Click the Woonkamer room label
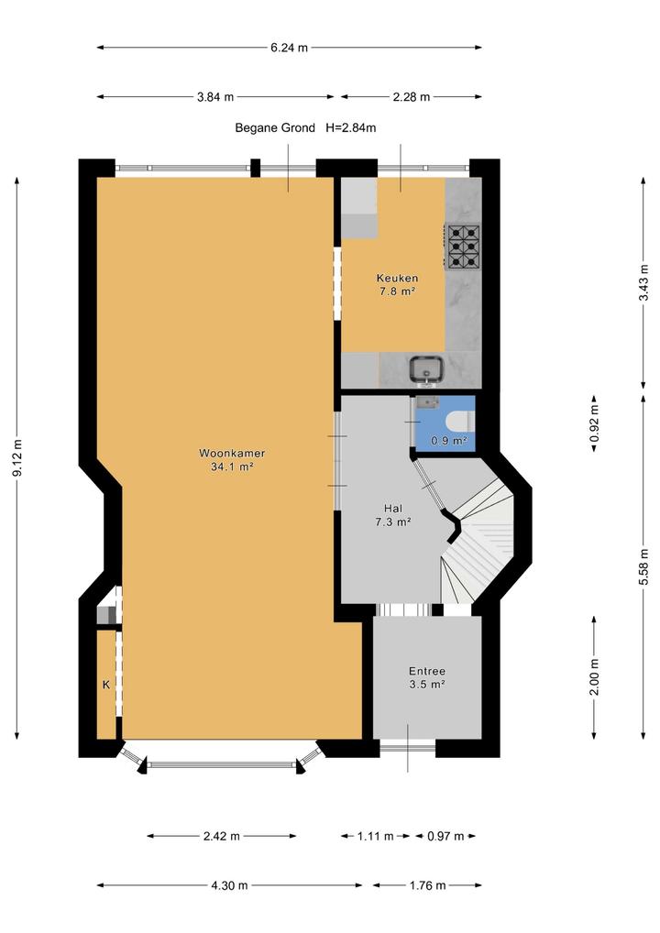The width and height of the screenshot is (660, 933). point(232,453)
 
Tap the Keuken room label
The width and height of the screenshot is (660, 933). point(397,278)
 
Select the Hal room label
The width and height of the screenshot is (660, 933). point(392,509)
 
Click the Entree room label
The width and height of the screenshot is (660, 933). point(427,671)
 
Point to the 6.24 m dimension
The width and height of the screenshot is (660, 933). point(290,48)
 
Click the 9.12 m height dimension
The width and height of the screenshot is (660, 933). point(17,457)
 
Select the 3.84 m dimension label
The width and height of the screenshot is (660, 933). point(215,97)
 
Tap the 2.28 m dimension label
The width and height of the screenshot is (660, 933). point(412,97)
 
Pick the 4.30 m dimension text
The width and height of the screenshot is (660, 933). point(229,885)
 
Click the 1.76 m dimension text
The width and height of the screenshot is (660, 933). point(427,885)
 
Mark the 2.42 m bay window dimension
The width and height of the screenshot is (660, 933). point(222,836)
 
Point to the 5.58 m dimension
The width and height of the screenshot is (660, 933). point(643,566)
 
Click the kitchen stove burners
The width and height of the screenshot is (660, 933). point(463,246)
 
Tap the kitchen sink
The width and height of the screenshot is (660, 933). point(426,369)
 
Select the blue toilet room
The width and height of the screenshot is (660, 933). point(445,423)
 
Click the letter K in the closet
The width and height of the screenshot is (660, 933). point(106,685)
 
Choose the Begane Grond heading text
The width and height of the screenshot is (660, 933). point(275,128)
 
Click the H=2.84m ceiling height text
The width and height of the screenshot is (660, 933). point(350,128)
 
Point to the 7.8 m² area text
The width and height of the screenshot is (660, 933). point(397,291)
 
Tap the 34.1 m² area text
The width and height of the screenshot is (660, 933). point(232,467)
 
